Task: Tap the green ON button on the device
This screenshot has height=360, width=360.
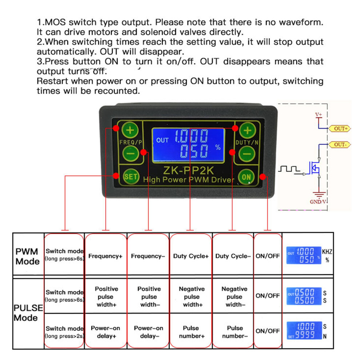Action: pyautogui.click(x=246, y=177)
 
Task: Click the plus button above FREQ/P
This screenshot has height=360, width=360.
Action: pyautogui.click(x=130, y=130)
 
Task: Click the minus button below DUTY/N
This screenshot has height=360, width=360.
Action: pyautogui.click(x=247, y=154)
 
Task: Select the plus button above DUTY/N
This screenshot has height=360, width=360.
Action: pyautogui.click(x=248, y=131)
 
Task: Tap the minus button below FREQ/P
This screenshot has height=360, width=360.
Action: pyautogui.click(x=131, y=153)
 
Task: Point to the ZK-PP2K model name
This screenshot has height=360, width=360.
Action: pyautogui.click(x=188, y=170)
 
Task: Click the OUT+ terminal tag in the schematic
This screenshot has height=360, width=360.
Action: pyautogui.click(x=340, y=129)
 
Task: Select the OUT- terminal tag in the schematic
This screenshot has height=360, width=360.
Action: pyautogui.click(x=340, y=145)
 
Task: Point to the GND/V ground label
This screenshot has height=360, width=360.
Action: pyautogui.click(x=318, y=202)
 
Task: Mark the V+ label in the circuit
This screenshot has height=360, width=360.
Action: pyautogui.click(x=319, y=114)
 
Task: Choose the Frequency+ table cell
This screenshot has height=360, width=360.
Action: pyautogui.click(x=105, y=256)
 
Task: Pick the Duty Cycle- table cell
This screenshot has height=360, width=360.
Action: pyautogui.click(x=233, y=256)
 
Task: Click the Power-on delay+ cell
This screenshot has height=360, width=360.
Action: pyautogui.click(x=105, y=332)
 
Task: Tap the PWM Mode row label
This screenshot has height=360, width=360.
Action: pyautogui.click(x=27, y=256)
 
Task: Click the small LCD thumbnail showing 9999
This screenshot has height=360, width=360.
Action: pyautogui.click(x=304, y=331)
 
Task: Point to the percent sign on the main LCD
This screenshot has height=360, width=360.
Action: pyautogui.click(x=218, y=147)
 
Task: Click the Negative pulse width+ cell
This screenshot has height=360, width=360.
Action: pyautogui.click(x=192, y=297)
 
